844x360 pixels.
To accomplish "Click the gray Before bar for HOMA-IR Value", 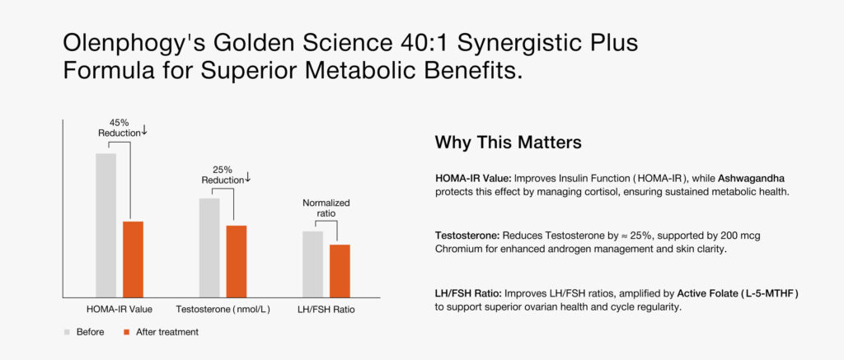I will pos(105,225).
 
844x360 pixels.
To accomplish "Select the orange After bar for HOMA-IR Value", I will pos(133,259).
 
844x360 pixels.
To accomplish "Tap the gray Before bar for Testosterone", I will pos(209,247).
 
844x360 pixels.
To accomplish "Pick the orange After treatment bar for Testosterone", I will pos(236,261).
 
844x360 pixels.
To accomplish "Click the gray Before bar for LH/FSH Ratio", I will pos(312,264).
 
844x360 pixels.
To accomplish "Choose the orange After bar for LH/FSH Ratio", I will pos(340,270).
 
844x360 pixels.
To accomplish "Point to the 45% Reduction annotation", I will pos(122,127).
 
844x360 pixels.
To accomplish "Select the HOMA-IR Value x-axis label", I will pos(119,310).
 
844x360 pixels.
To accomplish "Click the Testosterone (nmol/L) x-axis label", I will pos(223,310).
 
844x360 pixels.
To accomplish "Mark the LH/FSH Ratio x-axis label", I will pos(326,310).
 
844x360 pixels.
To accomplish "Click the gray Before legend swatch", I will pos(67,332).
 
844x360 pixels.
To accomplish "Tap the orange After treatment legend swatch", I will pos(127,332).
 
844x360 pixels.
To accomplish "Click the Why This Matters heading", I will pos(508,143).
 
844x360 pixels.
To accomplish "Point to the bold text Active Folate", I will pos(708,293).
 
